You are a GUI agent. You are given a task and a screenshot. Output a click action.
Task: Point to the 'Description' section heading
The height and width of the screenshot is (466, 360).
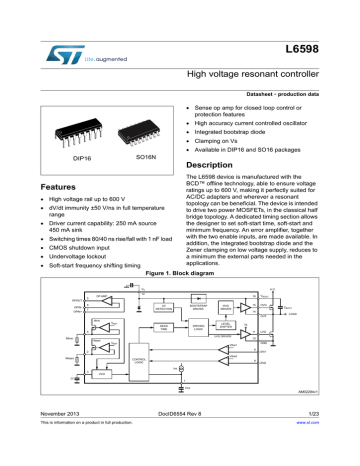pyautogui.click(x=208, y=164)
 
